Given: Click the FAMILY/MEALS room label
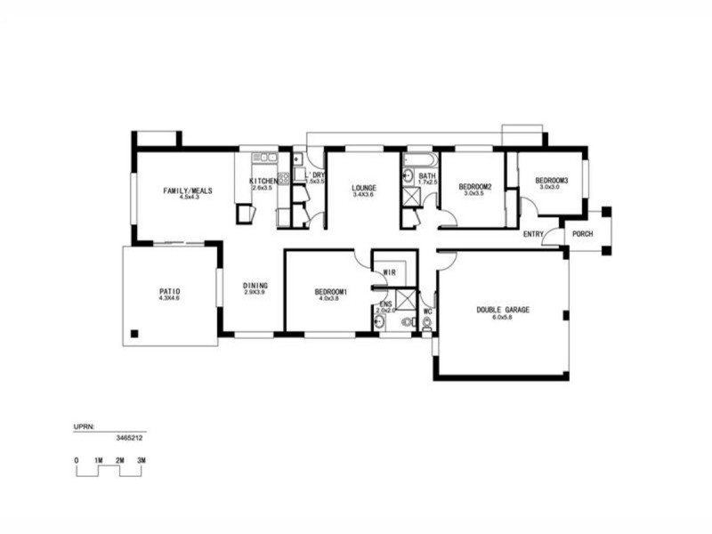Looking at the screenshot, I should (x=186, y=190).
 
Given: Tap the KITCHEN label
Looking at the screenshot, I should (x=263, y=182).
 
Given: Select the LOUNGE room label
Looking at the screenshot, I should (x=363, y=188).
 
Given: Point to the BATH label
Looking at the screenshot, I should (x=427, y=176).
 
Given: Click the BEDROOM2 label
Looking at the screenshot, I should (x=475, y=186).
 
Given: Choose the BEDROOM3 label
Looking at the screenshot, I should (x=551, y=181).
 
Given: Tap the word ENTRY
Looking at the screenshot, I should (x=533, y=235).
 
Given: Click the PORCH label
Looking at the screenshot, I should (x=583, y=235).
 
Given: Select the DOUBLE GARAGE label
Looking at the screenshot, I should (x=503, y=310).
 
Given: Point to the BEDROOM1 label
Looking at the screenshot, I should (x=330, y=292).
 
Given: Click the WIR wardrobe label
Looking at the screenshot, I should (x=389, y=272).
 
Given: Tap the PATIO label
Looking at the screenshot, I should (x=170, y=291).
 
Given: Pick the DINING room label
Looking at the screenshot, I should (x=255, y=286).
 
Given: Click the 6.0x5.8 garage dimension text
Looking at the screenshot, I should (x=503, y=318).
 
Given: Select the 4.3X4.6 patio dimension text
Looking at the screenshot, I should (x=170, y=299).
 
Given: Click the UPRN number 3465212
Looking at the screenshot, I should (x=130, y=438).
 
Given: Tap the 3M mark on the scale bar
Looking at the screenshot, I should (x=141, y=460).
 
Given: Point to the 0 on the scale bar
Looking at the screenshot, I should (x=77, y=460).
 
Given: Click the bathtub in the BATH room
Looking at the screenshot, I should (x=418, y=160).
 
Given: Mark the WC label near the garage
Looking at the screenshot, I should (x=427, y=311).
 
